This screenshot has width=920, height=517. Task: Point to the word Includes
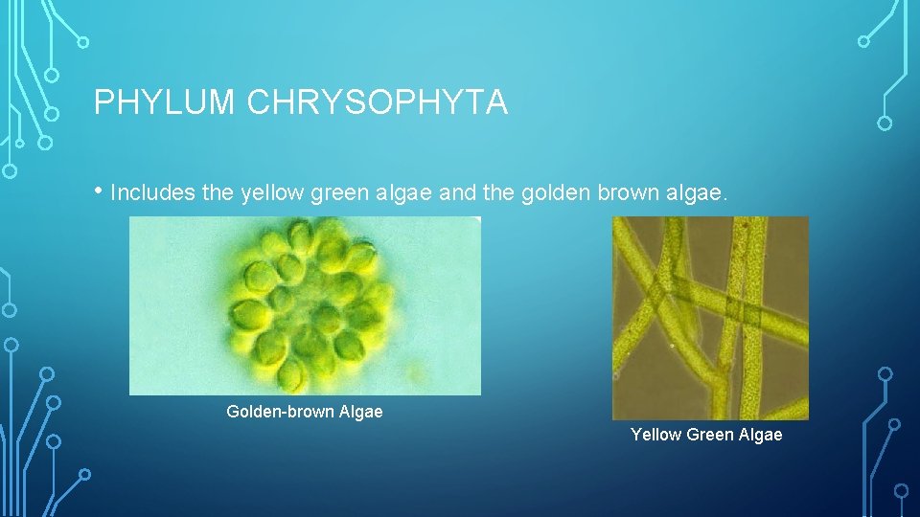point(152,193)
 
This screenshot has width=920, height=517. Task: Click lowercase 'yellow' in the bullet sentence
point(271,193)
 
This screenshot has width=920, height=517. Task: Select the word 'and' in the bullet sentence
point(459,193)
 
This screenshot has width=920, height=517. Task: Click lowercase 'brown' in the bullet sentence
point(627,193)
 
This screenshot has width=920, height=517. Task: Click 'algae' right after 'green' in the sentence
point(407,193)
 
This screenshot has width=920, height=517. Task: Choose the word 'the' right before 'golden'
point(501,193)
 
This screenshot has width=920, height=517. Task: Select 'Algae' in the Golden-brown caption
point(360,412)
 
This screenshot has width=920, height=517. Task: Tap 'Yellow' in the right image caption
point(655,435)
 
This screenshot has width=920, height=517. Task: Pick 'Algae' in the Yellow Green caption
point(760,435)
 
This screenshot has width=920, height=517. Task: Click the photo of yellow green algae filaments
point(710,318)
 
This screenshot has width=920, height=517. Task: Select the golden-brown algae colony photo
point(305,305)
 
